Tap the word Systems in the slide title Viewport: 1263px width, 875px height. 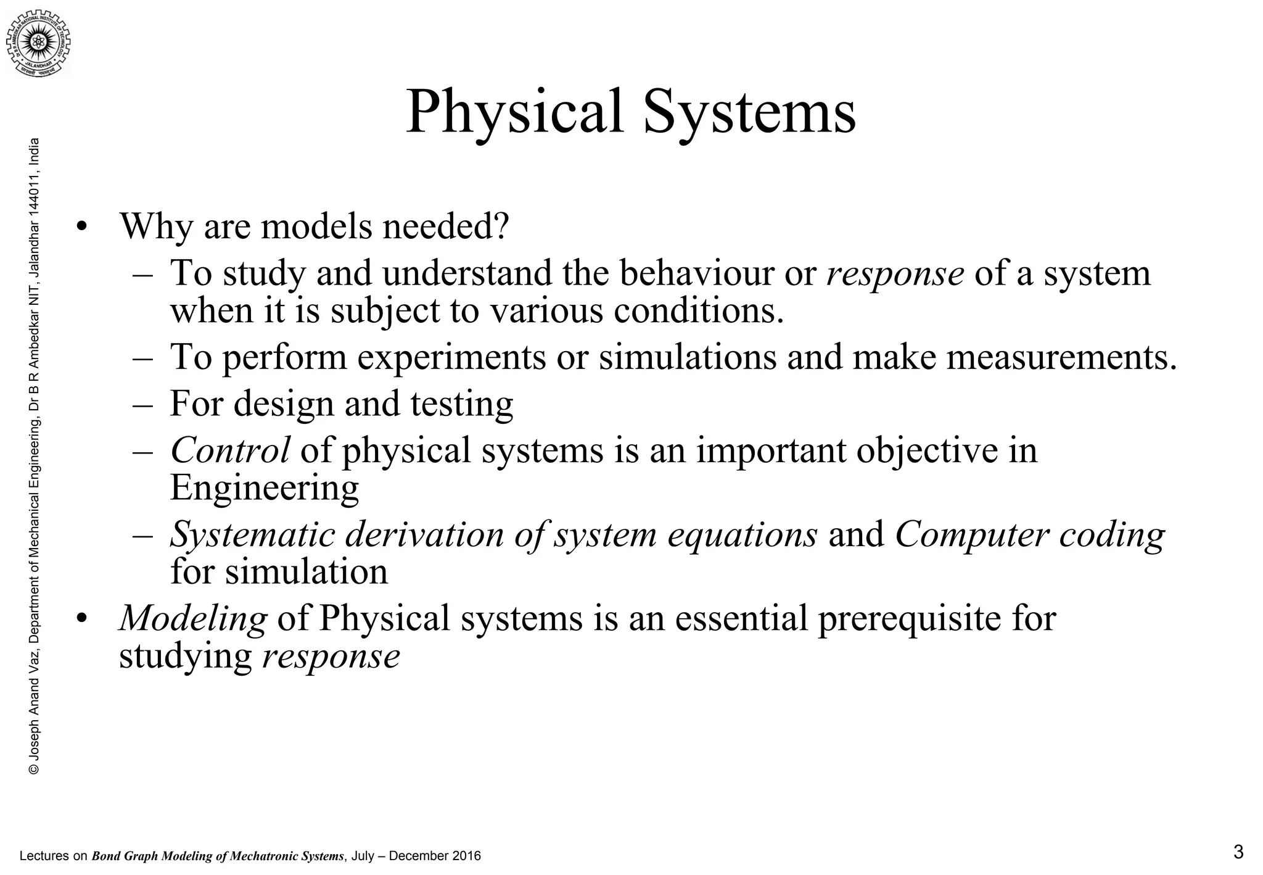click(749, 113)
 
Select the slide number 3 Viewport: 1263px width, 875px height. click(1238, 853)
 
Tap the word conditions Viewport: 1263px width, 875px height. click(698, 310)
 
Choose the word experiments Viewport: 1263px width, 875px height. click(452, 357)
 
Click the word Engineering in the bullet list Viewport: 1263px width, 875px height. click(264, 487)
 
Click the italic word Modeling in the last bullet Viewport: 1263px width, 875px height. click(193, 618)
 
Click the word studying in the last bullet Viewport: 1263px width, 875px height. click(186, 655)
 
